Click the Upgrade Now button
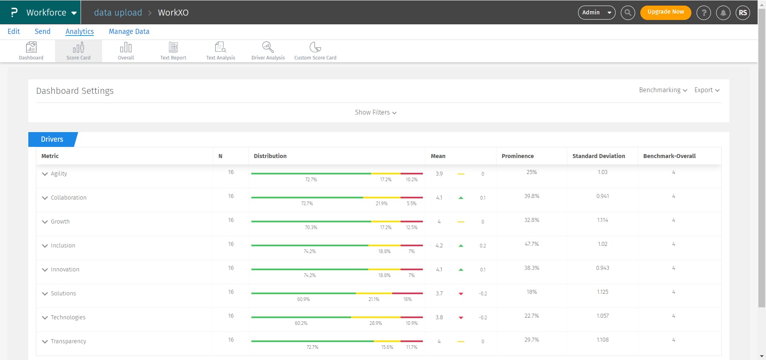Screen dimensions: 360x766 pyautogui.click(x=665, y=12)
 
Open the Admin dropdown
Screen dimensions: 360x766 pyautogui.click(x=596, y=12)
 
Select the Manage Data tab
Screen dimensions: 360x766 pyautogui.click(x=129, y=32)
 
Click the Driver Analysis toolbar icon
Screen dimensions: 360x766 pyautogui.click(x=268, y=51)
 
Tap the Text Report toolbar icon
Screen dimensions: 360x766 pyautogui.click(x=173, y=51)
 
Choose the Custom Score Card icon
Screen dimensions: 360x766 pyautogui.click(x=315, y=51)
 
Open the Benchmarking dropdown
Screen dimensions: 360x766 pyautogui.click(x=663, y=90)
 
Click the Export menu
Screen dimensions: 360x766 pyautogui.click(x=707, y=90)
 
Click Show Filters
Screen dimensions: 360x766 pyautogui.click(x=375, y=113)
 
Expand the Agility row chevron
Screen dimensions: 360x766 pyautogui.click(x=45, y=174)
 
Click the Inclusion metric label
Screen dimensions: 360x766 pyautogui.click(x=63, y=245)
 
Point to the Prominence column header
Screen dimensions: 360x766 pyautogui.click(x=517, y=156)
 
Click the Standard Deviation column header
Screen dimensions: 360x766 pyautogui.click(x=598, y=156)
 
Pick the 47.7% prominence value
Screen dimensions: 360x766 pyautogui.click(x=531, y=244)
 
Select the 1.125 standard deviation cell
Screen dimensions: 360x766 pyautogui.click(x=602, y=292)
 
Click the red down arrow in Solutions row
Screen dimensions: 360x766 pyautogui.click(x=461, y=294)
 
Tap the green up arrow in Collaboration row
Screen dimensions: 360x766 pyautogui.click(x=461, y=198)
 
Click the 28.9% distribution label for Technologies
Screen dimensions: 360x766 pyautogui.click(x=375, y=323)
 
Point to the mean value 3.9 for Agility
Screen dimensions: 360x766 pyautogui.click(x=439, y=174)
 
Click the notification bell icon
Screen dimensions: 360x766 pyautogui.click(x=723, y=13)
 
